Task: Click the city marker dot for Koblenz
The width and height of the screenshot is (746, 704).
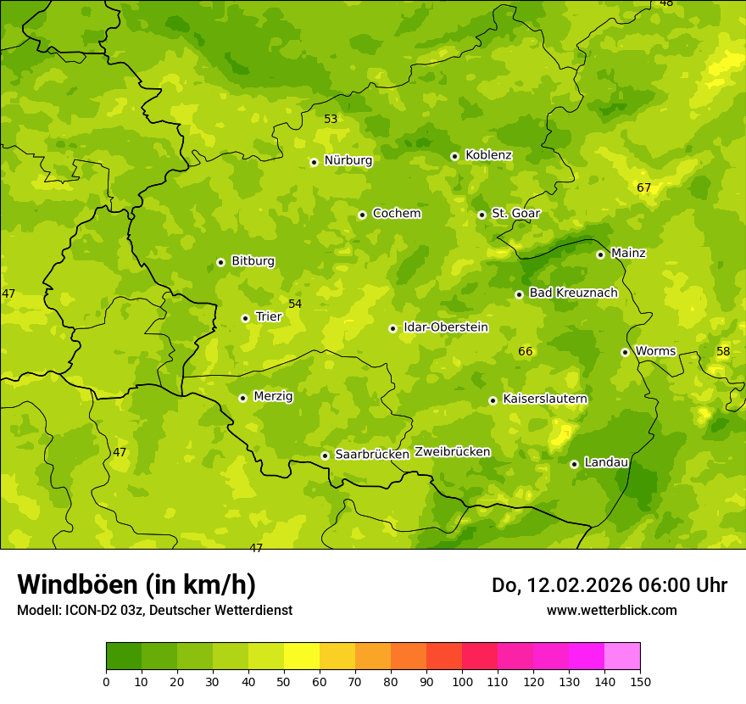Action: tap(454, 156)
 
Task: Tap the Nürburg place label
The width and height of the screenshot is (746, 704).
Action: tap(348, 160)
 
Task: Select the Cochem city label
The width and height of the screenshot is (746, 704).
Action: tap(396, 214)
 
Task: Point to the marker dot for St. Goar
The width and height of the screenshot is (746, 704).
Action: tap(482, 215)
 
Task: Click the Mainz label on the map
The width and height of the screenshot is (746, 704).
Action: tap(628, 253)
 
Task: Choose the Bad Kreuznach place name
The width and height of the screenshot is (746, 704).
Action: tap(573, 293)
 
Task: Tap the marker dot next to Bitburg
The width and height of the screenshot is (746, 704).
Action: tap(220, 262)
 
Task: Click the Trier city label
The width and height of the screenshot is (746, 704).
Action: tap(268, 316)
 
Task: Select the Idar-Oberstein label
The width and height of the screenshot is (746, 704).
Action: tap(445, 327)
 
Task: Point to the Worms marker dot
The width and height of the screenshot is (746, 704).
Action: tap(625, 352)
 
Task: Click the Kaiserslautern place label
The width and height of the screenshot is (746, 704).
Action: tap(545, 399)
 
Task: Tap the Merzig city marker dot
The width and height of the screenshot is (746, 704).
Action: tap(242, 398)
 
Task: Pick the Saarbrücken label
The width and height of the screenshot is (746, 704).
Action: tap(372, 455)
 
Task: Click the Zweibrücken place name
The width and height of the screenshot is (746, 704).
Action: tap(452, 452)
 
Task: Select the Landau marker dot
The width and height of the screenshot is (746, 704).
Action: tap(574, 464)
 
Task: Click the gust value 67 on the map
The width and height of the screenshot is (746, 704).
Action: tap(644, 187)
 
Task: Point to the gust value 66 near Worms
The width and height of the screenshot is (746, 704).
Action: tap(526, 351)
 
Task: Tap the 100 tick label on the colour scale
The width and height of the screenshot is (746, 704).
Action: tap(462, 681)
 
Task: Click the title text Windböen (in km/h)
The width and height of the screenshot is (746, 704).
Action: tap(136, 584)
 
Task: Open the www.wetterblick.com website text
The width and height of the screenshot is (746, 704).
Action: tap(611, 611)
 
